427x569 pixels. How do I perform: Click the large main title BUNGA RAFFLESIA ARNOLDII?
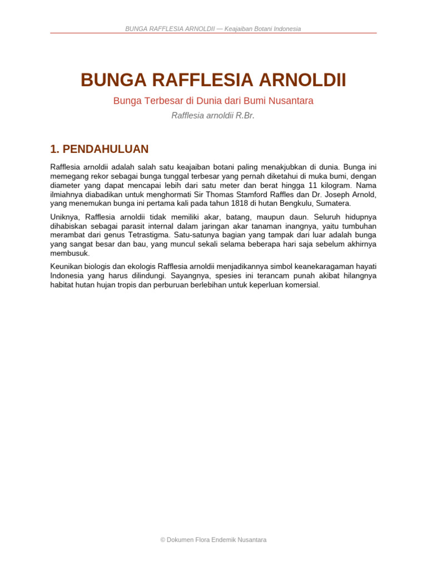213,80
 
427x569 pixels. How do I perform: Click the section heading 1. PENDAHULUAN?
100,149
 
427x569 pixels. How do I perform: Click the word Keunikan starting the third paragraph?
64,267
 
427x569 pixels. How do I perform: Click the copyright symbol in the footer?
163,540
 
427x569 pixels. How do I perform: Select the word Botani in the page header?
259,29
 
